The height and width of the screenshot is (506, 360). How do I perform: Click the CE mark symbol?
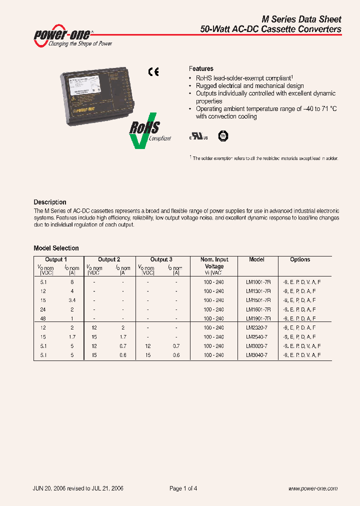pos(153,72)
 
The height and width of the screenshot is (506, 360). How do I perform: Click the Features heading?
pos(201,68)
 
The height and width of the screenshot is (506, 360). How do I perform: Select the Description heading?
pos(50,202)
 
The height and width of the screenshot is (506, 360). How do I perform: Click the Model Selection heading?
pos(56,248)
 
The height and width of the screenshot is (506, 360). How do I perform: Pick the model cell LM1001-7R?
pos(258,282)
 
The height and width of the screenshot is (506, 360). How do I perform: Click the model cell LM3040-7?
pos(256,354)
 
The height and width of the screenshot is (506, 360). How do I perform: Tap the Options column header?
pos(300,259)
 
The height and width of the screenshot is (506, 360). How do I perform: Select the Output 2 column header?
pos(109,259)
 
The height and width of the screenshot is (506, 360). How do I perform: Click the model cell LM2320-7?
pos(256,327)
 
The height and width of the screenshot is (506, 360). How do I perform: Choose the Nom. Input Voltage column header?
pos(214,263)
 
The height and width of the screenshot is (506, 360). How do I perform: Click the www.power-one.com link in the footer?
pos(313,488)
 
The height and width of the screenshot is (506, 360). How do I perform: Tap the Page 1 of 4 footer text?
pos(183,488)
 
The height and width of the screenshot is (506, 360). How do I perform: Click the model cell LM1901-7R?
pos(258,318)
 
